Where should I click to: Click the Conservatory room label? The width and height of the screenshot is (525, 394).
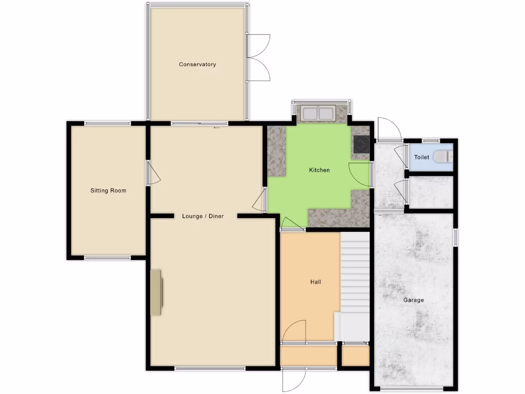click(197, 65)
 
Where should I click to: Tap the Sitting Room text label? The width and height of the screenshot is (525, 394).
click(108, 191)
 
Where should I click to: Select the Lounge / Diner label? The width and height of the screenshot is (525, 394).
click(203, 216)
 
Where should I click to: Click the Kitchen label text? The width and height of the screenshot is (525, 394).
click(319, 170)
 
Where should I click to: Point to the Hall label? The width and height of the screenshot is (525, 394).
click(315, 282)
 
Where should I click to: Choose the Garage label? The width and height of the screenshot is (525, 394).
click(413, 300)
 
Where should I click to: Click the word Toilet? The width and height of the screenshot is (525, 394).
click(421, 157)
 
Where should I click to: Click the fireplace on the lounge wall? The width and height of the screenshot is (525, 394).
click(156, 292)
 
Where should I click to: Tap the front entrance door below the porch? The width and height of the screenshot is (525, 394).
click(293, 380)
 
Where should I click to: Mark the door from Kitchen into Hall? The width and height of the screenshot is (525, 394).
click(293, 224)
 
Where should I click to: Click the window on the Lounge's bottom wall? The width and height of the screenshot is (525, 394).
click(210, 368)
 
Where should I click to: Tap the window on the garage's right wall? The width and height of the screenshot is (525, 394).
click(455, 237)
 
